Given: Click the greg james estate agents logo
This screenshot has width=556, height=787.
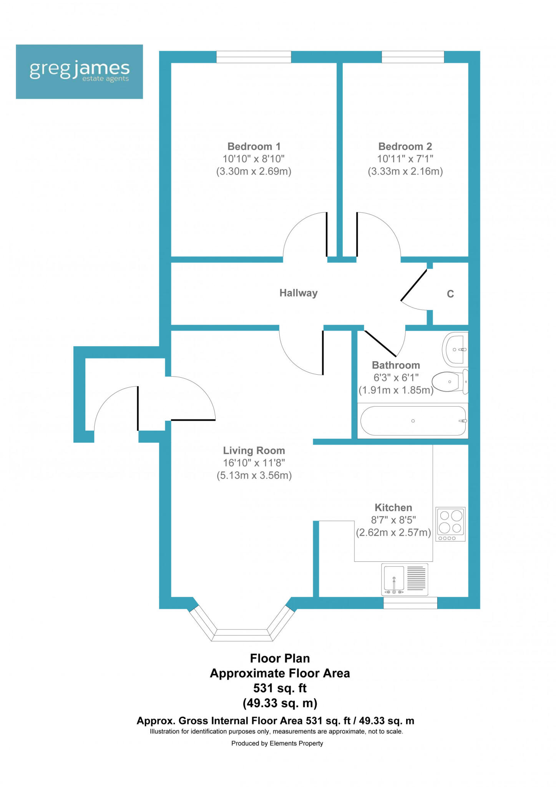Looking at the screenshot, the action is pyautogui.click(x=79, y=71).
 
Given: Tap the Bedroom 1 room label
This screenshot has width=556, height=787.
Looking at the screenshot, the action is pyautogui.click(x=254, y=146).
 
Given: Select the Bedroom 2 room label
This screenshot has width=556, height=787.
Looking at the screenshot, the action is pyautogui.click(x=405, y=146).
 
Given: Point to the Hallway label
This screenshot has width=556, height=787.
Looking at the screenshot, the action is pyautogui.click(x=298, y=293).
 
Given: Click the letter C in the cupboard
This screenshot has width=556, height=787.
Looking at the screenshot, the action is pyautogui.click(x=450, y=294).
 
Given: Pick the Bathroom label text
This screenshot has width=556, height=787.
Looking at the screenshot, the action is pyautogui.click(x=396, y=365).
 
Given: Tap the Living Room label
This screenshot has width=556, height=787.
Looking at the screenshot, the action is pyautogui.click(x=254, y=450).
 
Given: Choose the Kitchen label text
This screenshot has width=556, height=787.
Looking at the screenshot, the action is pyautogui.click(x=393, y=508).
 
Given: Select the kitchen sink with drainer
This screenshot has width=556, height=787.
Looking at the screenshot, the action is pyautogui.click(x=405, y=579).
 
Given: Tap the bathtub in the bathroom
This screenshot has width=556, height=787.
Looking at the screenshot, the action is pyautogui.click(x=413, y=421).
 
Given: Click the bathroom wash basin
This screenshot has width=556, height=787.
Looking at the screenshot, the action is pyautogui.click(x=455, y=349).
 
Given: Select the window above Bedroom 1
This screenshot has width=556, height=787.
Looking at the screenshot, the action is pyautogui.click(x=254, y=57).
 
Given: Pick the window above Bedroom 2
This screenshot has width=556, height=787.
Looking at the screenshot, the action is pyautogui.click(x=413, y=57).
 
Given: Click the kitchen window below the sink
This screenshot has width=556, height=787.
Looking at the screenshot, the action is pyautogui.click(x=410, y=603).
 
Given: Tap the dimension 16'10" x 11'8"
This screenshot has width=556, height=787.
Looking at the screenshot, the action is pyautogui.click(x=254, y=463).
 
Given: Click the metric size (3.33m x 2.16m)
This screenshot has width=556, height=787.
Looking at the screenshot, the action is pyautogui.click(x=405, y=171).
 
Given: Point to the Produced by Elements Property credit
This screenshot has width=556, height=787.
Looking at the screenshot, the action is pyautogui.click(x=277, y=743).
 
